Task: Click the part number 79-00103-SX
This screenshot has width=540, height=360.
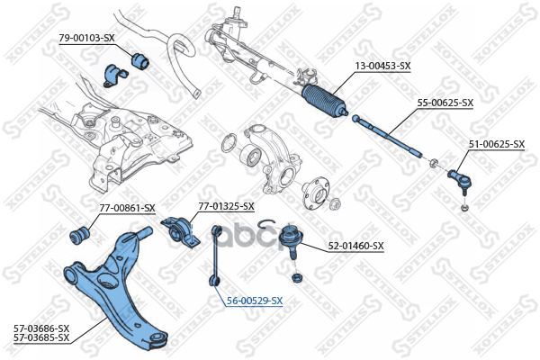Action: click(86, 38)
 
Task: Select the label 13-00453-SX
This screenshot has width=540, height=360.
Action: click(383, 66)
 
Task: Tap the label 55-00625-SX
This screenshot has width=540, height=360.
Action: click(445, 103)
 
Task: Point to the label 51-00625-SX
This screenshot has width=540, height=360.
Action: click(497, 144)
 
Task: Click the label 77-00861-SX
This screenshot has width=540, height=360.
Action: click(128, 208)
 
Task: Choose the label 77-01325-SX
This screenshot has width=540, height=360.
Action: click(226, 206)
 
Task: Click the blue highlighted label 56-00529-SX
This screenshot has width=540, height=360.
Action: click(255, 301)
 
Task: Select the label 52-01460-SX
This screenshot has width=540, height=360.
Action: click(355, 246)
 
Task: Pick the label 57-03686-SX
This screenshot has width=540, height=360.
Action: click(41, 328)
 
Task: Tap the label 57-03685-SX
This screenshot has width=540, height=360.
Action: click(41, 337)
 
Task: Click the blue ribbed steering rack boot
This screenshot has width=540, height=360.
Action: click(324, 101)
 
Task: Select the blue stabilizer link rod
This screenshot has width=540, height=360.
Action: click(216, 256)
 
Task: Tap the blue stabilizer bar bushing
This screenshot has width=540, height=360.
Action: click(140, 60)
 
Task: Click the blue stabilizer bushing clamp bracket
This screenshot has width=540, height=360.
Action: click(114, 76)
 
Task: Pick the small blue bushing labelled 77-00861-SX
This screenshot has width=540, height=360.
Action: click(80, 234)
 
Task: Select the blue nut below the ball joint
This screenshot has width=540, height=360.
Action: click(296, 278)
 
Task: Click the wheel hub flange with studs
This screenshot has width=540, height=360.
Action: click(316, 193)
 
